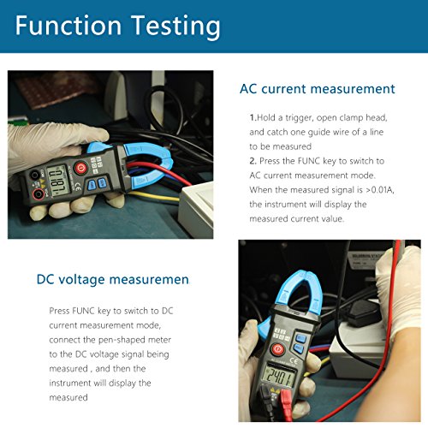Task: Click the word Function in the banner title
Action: coord(68,26)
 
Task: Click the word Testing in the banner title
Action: coord(175,27)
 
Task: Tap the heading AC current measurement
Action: coord(318,89)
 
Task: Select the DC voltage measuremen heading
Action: coord(113,280)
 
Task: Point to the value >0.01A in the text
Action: coord(380,190)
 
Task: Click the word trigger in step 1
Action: coord(299,118)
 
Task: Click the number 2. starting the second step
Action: coord(253,161)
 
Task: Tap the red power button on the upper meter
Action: coord(80,168)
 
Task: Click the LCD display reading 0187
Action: coord(58,181)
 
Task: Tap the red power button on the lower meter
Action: coord(278,349)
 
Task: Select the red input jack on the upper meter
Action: coord(38,194)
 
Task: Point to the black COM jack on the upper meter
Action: coord(34,175)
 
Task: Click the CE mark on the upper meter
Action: coord(78,186)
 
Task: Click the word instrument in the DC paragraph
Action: coord(70,383)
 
